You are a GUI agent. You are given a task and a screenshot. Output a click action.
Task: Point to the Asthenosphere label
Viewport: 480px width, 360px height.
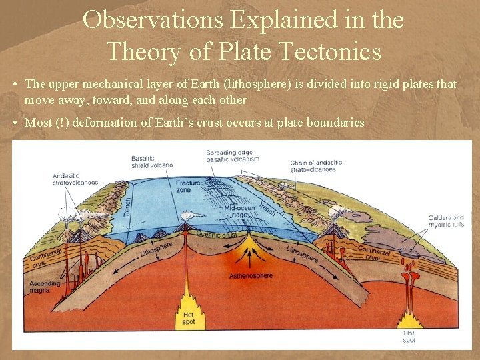[x=251, y=275]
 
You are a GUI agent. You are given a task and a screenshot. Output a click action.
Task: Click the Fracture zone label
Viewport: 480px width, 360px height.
[x=188, y=186]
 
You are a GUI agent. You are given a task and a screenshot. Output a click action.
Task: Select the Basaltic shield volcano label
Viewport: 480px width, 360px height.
[x=151, y=161]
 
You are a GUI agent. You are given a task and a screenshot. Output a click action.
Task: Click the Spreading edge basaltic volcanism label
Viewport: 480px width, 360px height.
[x=232, y=155]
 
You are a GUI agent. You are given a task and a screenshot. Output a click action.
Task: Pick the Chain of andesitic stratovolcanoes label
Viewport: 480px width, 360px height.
[x=316, y=166]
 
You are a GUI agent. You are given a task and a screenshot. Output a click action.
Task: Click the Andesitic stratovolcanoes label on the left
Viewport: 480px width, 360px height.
[x=75, y=179]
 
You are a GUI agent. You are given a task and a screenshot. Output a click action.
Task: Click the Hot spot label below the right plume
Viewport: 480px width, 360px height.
[x=409, y=336]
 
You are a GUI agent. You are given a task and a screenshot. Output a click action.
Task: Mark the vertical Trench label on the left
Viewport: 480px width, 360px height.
[x=128, y=201]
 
